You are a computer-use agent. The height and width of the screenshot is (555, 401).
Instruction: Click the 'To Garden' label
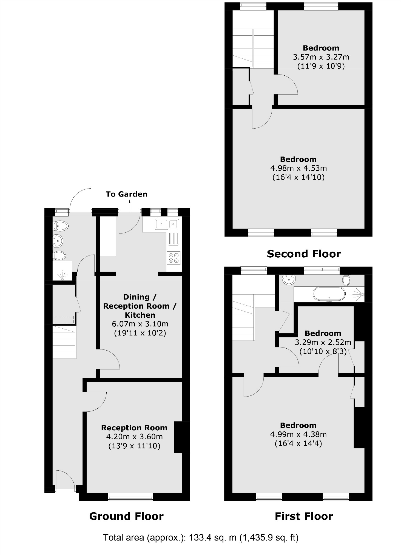126,194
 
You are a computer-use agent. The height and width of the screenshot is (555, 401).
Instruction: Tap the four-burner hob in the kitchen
174,258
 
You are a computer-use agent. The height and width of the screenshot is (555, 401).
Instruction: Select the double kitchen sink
166,224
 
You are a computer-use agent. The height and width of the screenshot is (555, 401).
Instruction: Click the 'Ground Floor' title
126,516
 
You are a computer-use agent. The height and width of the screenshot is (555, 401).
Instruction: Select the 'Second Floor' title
304,254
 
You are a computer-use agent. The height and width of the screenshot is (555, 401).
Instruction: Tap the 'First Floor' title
304,516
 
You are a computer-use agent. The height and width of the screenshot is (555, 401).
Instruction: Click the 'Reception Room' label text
134,428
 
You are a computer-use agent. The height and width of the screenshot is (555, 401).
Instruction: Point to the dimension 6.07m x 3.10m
140,324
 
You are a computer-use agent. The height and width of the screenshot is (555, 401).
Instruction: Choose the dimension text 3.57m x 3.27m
321,57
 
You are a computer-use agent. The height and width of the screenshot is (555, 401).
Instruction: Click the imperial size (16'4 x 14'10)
298,177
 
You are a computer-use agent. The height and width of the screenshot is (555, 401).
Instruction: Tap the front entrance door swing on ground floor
65,480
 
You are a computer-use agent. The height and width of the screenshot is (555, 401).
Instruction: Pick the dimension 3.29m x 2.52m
323,342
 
